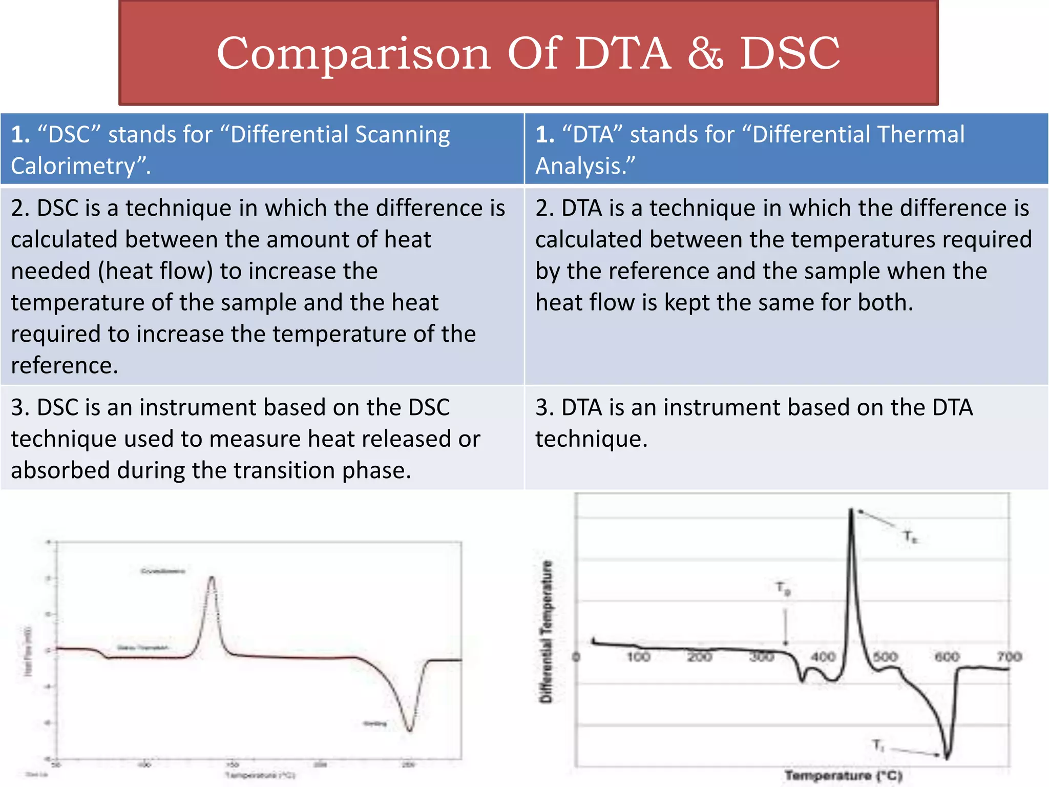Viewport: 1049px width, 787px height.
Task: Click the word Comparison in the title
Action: (353, 54)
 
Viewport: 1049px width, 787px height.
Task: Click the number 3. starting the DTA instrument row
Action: (545, 408)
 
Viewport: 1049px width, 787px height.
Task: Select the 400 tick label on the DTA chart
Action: (823, 656)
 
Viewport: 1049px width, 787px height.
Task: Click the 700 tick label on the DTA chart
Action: (1009, 656)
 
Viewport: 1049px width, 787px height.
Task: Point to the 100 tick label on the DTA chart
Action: (638, 656)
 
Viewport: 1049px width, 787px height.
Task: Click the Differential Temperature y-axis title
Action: (547, 631)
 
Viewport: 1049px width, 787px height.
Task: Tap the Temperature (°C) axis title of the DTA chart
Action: (843, 776)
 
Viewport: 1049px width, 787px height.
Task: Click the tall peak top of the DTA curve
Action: (851, 510)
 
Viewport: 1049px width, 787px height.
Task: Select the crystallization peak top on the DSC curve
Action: (212, 578)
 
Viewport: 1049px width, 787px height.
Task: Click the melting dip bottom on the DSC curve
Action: (410, 730)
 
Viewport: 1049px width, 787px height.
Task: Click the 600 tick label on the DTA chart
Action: (947, 656)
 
